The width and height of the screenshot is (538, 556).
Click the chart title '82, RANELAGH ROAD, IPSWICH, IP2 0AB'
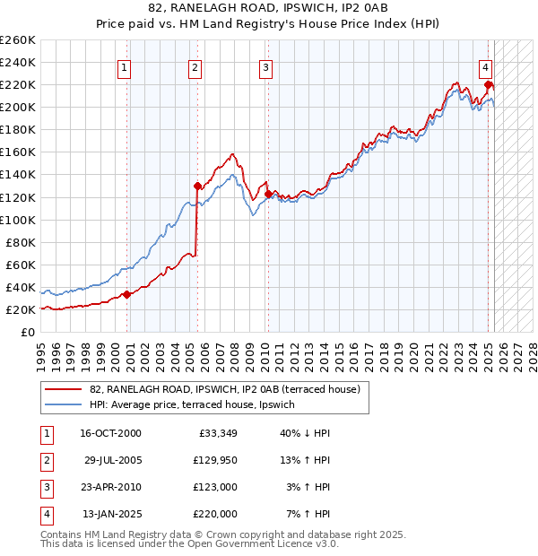pyautogui.click(x=268, y=11)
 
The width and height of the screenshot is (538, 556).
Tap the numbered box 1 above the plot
pyautogui.click(x=124, y=66)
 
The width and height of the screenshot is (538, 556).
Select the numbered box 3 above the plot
pyautogui.click(x=266, y=66)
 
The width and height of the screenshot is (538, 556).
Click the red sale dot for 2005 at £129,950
pyautogui.click(x=197, y=186)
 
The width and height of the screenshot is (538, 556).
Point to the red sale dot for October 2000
pyautogui.click(x=126, y=294)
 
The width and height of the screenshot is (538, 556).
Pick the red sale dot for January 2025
pyautogui.click(x=489, y=85)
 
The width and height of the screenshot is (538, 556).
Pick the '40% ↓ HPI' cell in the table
pyautogui.click(x=305, y=432)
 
